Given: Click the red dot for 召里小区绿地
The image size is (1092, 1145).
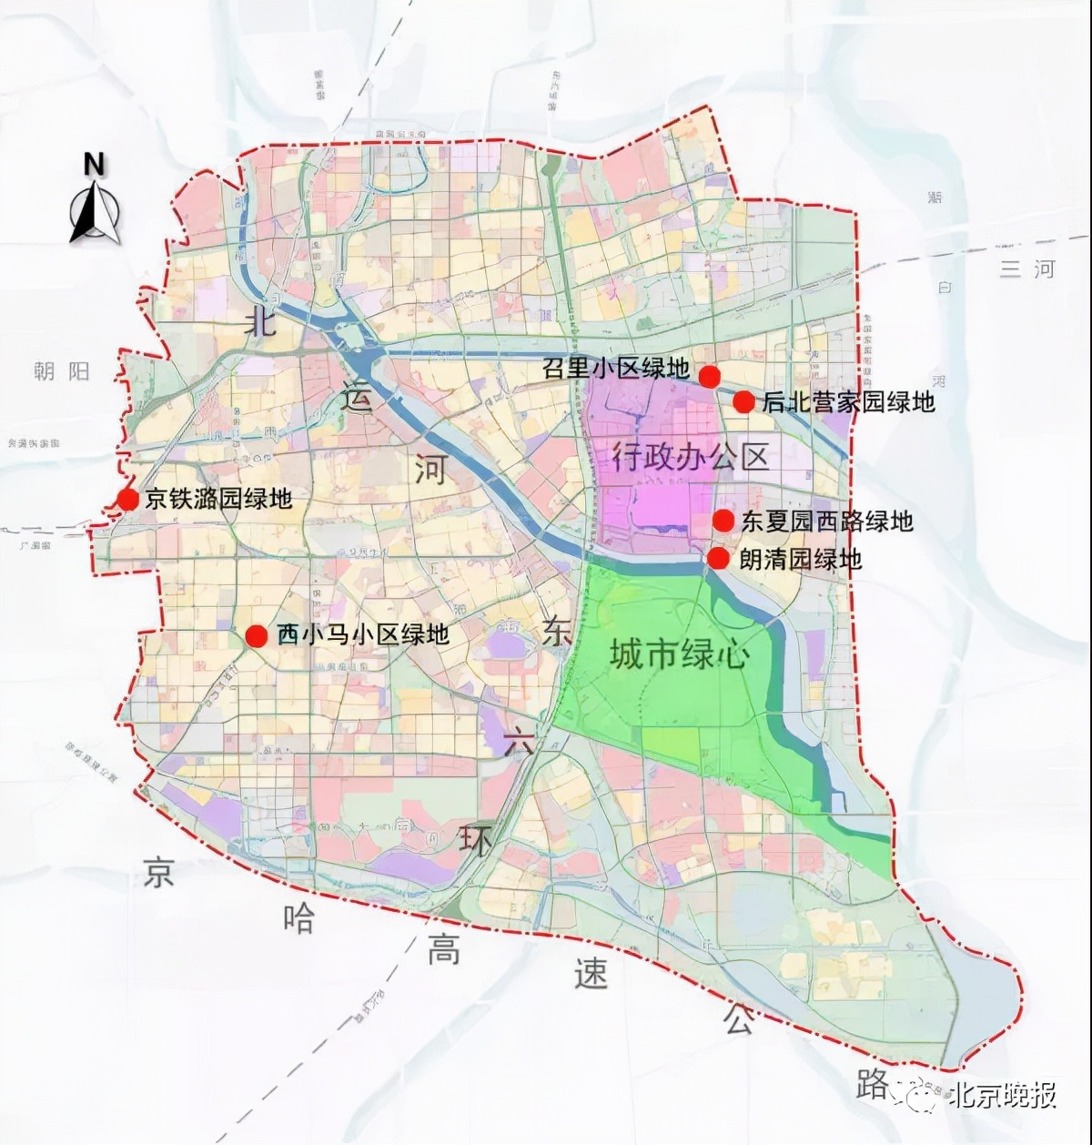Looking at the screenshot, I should pyautogui.click(x=709, y=375).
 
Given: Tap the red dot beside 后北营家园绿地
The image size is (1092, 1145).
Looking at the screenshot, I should pyautogui.click(x=743, y=401).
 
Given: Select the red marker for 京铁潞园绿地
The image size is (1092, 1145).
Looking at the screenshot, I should pyautogui.click(x=127, y=499).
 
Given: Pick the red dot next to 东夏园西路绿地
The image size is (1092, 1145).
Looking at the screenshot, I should pyautogui.click(x=723, y=521).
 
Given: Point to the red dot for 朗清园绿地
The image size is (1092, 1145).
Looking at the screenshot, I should pyautogui.click(x=718, y=558).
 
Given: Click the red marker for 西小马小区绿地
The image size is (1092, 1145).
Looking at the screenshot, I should pyautogui.click(x=257, y=635).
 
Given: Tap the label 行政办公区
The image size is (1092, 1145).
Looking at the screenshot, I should pyautogui.click(x=690, y=455).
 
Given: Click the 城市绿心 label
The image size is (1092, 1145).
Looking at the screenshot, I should pyautogui.click(x=679, y=654).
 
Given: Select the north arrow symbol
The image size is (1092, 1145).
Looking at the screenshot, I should pyautogui.click(x=95, y=214).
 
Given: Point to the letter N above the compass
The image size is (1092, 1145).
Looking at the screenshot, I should pyautogui.click(x=94, y=165).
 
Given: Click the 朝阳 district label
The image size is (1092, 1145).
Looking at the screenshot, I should pyautogui.click(x=62, y=371).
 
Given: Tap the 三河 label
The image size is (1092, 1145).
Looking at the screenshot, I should pyautogui.click(x=1027, y=269).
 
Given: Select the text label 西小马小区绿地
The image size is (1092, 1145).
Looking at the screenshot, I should pyautogui.click(x=362, y=634).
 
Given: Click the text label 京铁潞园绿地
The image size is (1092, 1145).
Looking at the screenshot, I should pyautogui.click(x=217, y=499).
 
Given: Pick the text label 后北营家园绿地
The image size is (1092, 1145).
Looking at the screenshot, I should pyautogui.click(x=848, y=401).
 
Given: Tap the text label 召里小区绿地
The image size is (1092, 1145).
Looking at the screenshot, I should pyautogui.click(x=615, y=368).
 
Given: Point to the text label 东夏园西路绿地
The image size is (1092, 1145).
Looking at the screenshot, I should pyautogui.click(x=826, y=521).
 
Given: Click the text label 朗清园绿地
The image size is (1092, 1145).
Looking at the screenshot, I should pyautogui.click(x=800, y=559).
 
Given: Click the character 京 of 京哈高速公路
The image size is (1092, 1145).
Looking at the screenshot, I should pyautogui.click(x=158, y=873).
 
